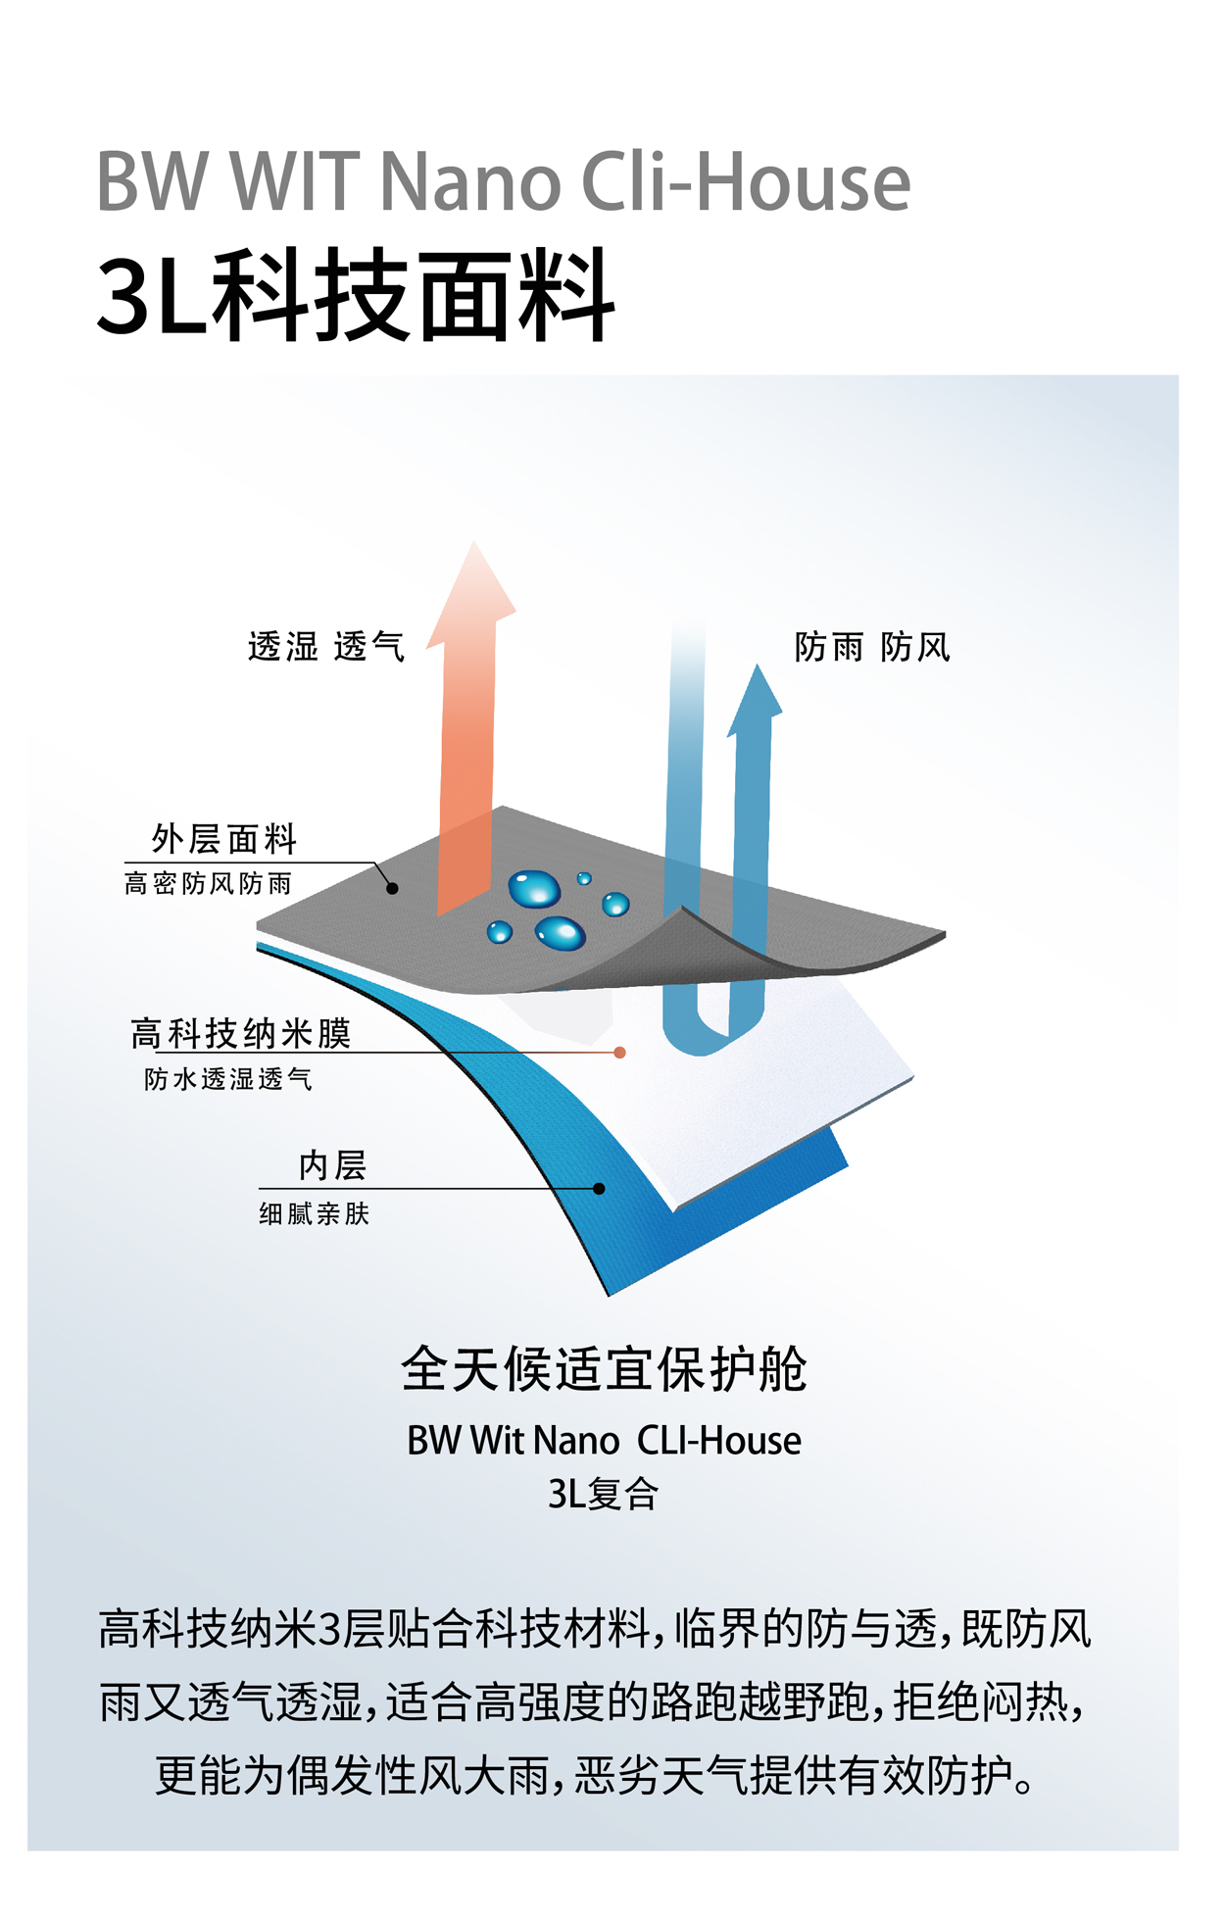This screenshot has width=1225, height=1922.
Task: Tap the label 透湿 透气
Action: click(326, 647)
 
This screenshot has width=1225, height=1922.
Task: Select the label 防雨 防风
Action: click(871, 647)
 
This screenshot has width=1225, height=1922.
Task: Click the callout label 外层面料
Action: click(224, 839)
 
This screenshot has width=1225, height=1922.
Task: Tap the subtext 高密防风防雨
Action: click(208, 884)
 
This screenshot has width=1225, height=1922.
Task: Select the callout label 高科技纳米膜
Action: click(241, 1033)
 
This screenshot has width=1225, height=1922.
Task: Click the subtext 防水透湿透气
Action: click(228, 1079)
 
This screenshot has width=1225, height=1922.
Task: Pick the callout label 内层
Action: click(332, 1165)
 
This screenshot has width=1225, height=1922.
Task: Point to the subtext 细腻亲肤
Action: click(314, 1214)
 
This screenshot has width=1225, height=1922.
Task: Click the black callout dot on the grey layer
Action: click(392, 889)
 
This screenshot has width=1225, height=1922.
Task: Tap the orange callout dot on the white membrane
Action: click(619, 1053)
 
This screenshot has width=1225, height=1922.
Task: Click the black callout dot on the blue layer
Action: click(599, 1189)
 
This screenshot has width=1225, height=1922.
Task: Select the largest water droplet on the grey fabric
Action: click(534, 889)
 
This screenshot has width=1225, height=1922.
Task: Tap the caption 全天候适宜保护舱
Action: click(604, 1369)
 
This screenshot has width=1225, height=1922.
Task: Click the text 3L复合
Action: click(604, 1494)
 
